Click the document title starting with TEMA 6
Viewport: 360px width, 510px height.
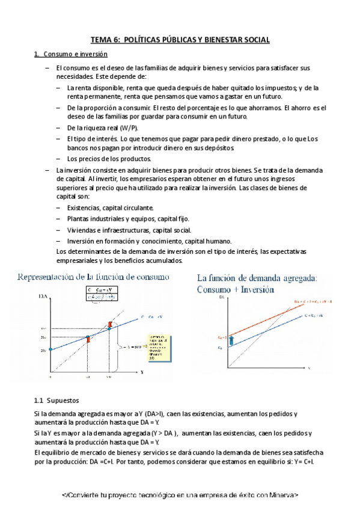[180, 40]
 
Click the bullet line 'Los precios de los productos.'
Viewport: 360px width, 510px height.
[109, 159]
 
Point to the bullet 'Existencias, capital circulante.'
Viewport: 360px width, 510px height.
[106, 207]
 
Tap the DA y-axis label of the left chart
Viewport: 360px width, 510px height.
[43, 296]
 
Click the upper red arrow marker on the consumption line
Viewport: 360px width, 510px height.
[109, 325]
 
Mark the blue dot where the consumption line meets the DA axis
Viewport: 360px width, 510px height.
[50, 349]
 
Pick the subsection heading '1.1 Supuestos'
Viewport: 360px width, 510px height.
[57, 401]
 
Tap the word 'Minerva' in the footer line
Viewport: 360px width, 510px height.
[280, 495]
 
